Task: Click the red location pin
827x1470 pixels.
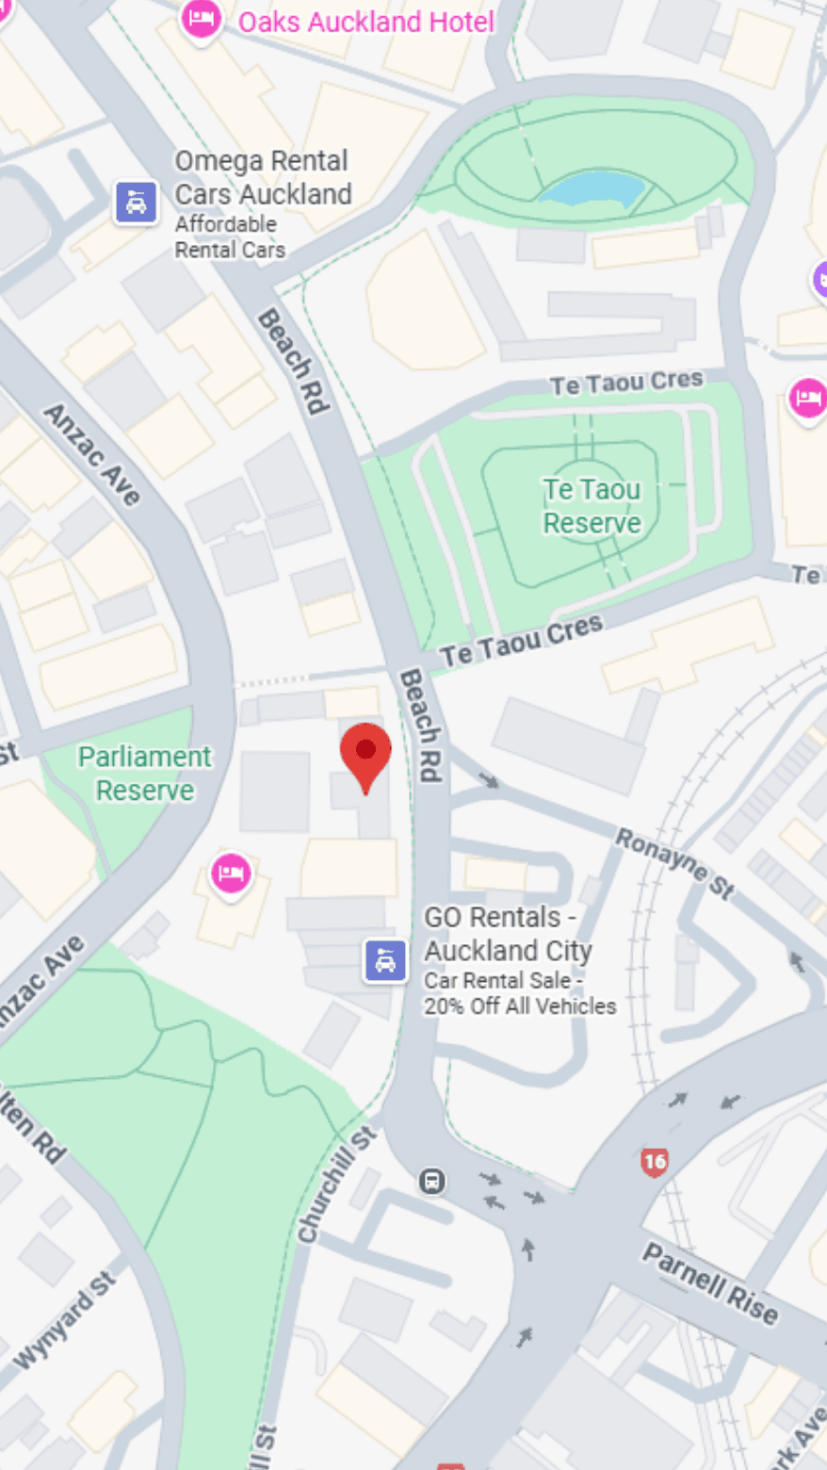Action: [365, 754]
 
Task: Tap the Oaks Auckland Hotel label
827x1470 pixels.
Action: [365, 22]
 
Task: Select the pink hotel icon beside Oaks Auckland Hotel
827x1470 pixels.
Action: [201, 19]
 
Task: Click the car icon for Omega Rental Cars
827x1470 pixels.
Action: [137, 202]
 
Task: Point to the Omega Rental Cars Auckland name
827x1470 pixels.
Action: [263, 177]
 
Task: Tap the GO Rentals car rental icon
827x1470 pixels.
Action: [385, 961]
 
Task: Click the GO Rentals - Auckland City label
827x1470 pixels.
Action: [508, 933]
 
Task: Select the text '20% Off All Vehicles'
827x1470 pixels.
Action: [520, 1006]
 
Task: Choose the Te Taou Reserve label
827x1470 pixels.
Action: [592, 506]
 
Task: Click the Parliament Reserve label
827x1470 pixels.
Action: [145, 774]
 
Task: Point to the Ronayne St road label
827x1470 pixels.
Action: [674, 863]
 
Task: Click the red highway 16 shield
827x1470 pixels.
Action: [654, 1162]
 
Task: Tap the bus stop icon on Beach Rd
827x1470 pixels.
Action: [432, 1181]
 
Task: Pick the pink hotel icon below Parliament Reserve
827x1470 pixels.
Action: [231, 873]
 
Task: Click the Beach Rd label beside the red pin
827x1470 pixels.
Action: [421, 726]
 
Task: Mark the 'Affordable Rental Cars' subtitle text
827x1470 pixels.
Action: [230, 237]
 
